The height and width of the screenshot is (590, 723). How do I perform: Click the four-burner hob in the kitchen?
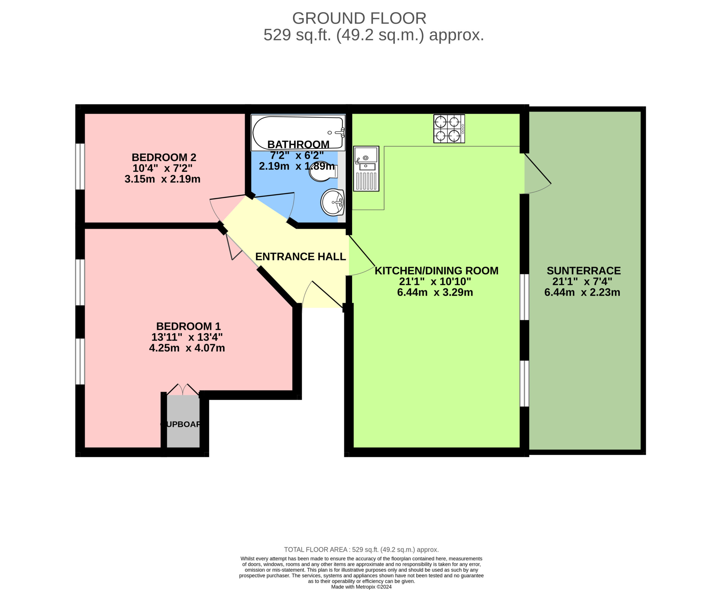[449, 129]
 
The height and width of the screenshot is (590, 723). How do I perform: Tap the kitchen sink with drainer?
[366, 169]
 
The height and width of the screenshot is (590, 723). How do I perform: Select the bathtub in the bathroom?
[298, 133]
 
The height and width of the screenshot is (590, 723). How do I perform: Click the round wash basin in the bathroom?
[332, 203]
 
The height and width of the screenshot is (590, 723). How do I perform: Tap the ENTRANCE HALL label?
[300, 257]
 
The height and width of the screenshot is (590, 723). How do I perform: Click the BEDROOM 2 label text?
[164, 157]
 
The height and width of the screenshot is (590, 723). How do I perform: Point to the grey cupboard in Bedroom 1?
[183, 421]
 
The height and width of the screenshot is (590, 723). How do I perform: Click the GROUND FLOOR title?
[359, 18]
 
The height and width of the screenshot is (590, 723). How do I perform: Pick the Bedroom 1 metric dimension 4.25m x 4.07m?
[187, 348]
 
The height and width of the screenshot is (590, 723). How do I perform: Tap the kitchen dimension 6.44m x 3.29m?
[435, 292]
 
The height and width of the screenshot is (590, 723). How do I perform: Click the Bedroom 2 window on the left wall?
[80, 166]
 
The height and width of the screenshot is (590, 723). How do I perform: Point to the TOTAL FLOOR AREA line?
[361, 550]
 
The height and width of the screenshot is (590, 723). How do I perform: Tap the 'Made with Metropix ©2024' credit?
[361, 587]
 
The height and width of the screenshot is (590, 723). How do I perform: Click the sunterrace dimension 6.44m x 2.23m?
[582, 292]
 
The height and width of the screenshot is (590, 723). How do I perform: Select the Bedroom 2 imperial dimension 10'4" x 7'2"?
[162, 168]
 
